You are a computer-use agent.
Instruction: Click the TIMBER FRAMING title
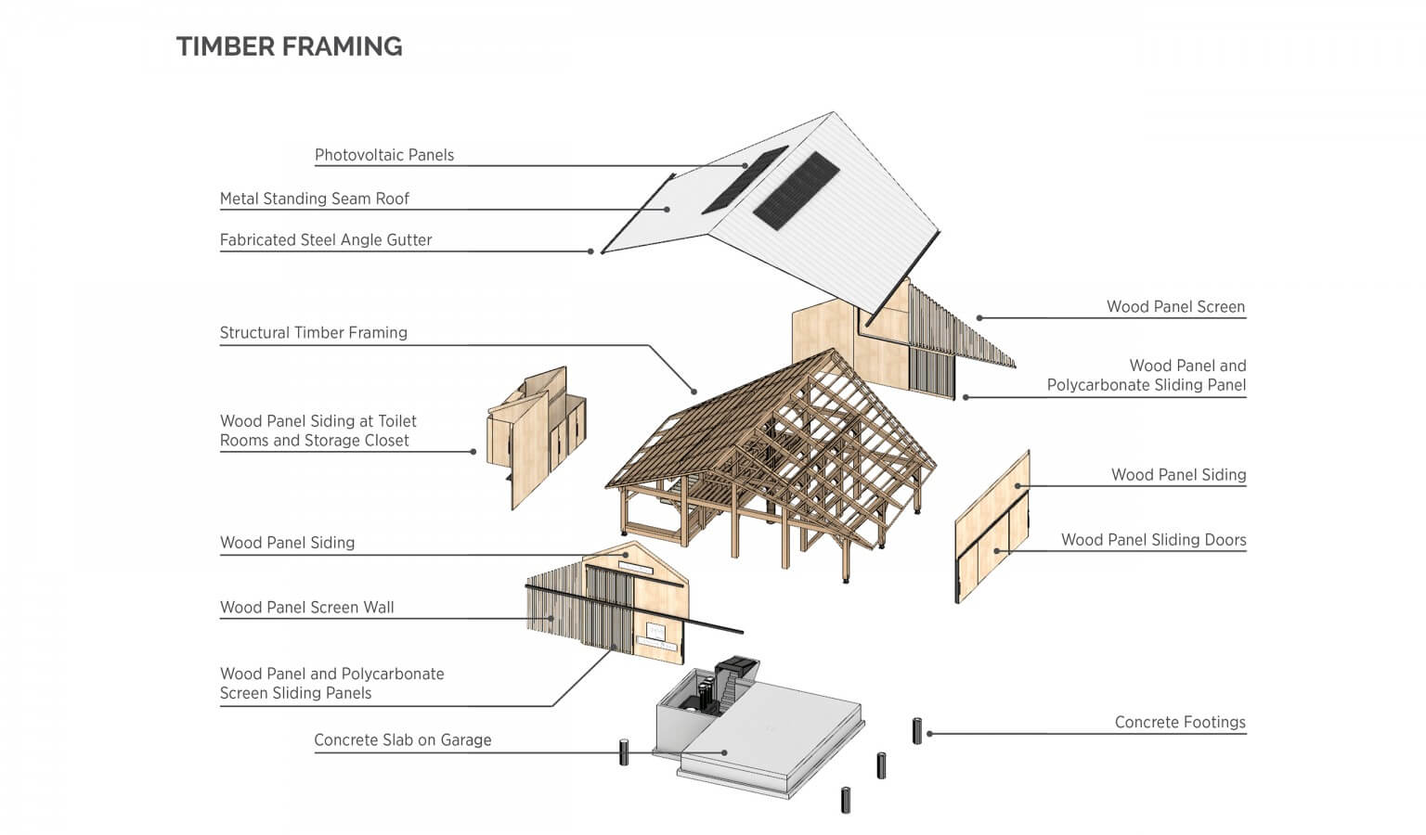click(x=289, y=46)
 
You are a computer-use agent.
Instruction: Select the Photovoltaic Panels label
click(x=383, y=155)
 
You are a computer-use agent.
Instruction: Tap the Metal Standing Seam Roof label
click(x=314, y=199)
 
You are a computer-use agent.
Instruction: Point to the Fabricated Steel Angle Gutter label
click(x=325, y=240)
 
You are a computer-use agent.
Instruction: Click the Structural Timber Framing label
click(x=313, y=333)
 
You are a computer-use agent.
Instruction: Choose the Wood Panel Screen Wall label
click(x=306, y=608)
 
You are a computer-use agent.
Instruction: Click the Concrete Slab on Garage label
click(x=402, y=740)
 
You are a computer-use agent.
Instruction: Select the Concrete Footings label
click(x=1179, y=723)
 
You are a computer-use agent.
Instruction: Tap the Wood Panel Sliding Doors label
click(x=1153, y=540)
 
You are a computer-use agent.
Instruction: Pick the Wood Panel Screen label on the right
click(x=1174, y=307)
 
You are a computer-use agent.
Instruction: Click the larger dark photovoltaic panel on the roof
click(x=796, y=190)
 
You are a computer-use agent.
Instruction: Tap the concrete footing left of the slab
click(x=625, y=751)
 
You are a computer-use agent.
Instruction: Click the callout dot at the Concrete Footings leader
click(x=929, y=734)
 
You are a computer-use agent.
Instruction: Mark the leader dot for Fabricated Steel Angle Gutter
click(x=591, y=251)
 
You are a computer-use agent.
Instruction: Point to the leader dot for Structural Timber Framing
click(x=694, y=391)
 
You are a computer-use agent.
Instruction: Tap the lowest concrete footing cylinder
click(x=846, y=800)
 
